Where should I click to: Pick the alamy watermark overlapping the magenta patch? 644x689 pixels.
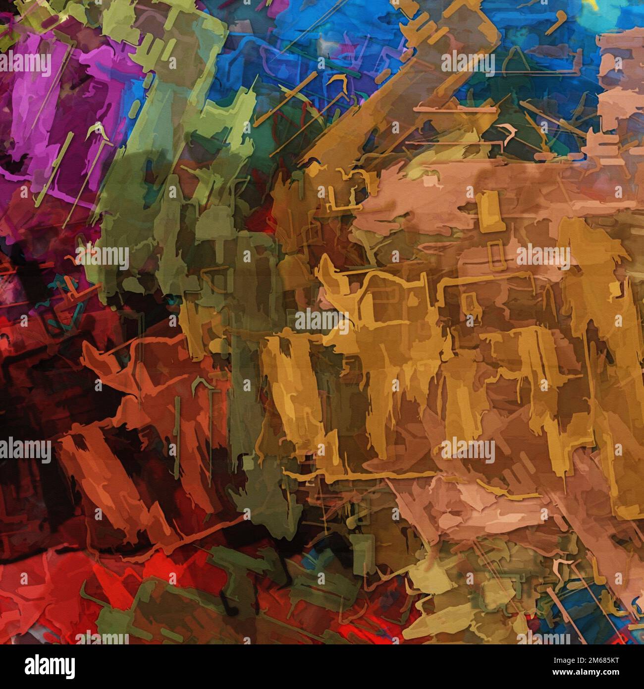click(x=25, y=64)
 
